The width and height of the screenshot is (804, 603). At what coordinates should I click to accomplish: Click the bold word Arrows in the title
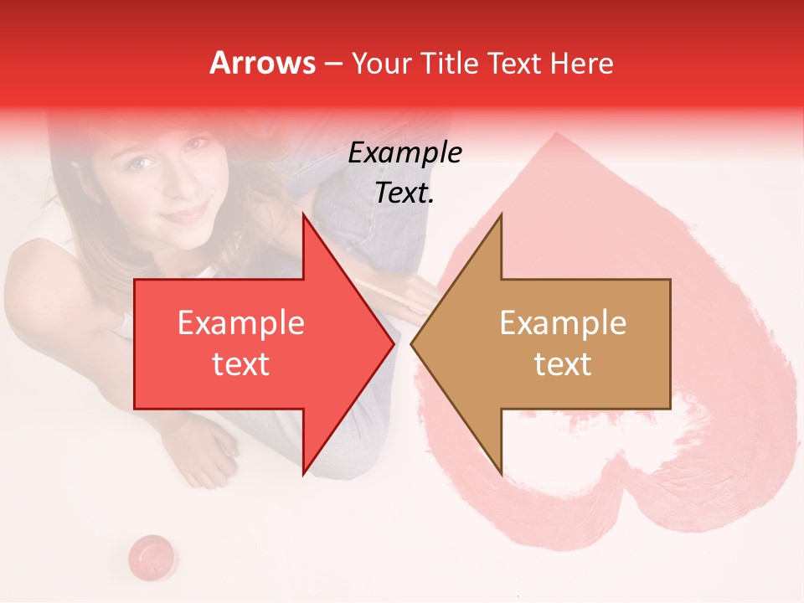262,64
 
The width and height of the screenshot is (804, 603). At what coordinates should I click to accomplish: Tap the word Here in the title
581,64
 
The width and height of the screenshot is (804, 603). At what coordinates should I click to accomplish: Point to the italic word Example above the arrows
405,152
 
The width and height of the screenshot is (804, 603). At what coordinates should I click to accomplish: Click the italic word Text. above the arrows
405,193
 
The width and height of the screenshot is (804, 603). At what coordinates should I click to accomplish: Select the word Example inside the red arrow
241,323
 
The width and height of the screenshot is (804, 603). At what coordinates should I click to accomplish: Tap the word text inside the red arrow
241,364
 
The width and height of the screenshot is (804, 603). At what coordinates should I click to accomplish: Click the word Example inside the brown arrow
563,323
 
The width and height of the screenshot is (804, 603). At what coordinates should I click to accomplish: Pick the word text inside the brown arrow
563,364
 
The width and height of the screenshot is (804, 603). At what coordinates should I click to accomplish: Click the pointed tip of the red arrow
393,344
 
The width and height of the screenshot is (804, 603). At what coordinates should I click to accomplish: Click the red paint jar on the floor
152,554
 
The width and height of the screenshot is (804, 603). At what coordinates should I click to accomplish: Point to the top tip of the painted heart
554,137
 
